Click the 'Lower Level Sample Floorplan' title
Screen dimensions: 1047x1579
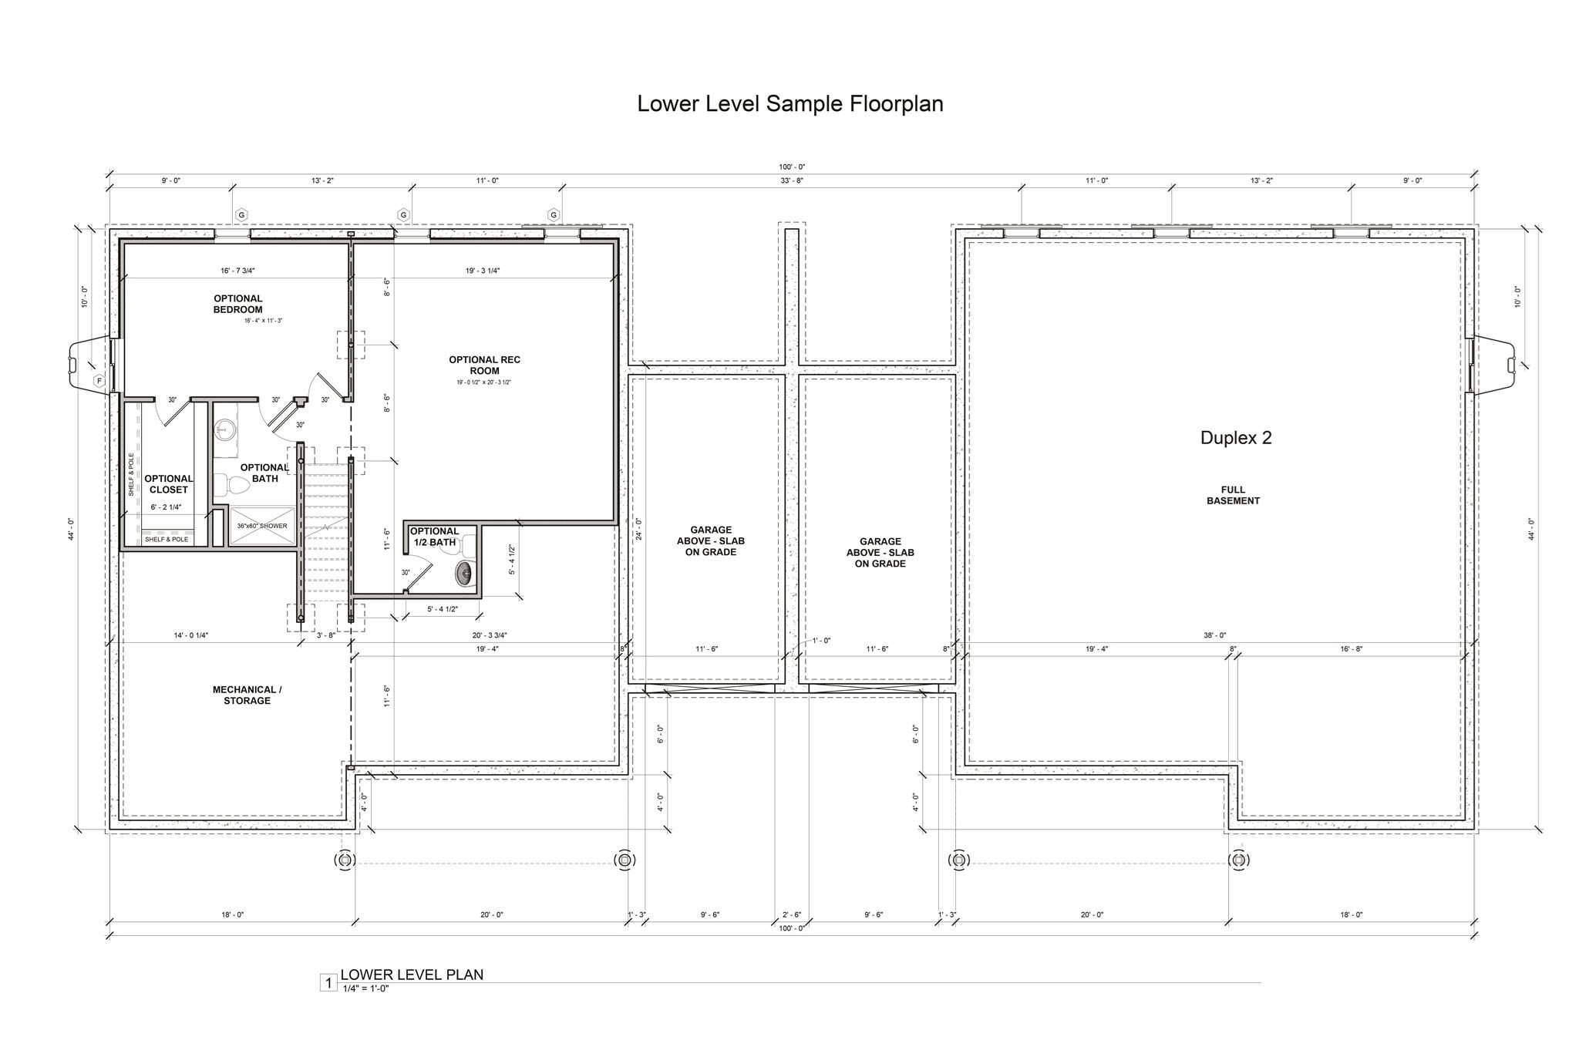(789, 104)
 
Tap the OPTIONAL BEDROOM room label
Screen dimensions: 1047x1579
(237, 304)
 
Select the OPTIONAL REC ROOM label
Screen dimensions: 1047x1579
(484, 365)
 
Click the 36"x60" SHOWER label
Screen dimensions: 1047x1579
(262, 526)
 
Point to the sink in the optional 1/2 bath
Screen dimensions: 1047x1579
(465, 573)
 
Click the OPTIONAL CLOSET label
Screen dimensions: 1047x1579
(169, 484)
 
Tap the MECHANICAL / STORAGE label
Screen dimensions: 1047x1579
(247, 695)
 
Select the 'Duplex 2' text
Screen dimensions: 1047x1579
(1235, 438)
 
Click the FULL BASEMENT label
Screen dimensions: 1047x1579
(1233, 495)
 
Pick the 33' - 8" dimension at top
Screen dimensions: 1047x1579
(791, 180)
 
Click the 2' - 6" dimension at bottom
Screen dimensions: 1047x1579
(791, 914)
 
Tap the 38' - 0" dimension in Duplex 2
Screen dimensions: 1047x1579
(1214, 635)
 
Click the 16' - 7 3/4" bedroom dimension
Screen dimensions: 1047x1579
(237, 271)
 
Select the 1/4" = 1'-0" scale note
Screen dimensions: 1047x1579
(365, 988)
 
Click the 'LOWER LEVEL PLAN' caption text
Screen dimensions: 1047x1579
(412, 975)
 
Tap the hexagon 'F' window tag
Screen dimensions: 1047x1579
(99, 381)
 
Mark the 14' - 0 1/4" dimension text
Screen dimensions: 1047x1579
(190, 635)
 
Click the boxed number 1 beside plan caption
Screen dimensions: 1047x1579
(328, 983)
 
